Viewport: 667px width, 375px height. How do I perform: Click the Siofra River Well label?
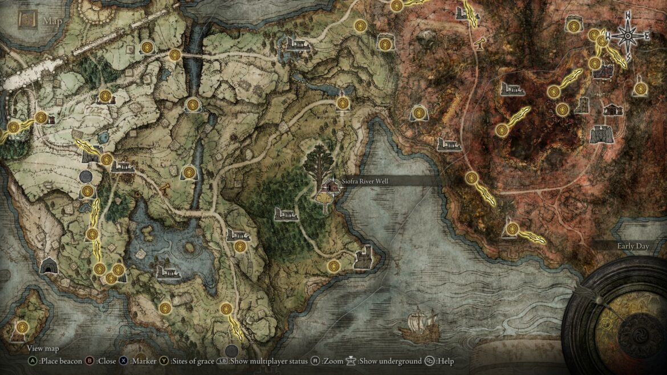click(365, 181)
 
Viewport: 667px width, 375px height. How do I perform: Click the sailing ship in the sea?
click(420, 323)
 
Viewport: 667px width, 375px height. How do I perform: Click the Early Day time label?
click(633, 246)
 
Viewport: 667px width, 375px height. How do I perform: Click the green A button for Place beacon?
click(32, 361)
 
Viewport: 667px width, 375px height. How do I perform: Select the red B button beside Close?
click(90, 361)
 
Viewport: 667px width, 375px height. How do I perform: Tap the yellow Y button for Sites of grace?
click(164, 361)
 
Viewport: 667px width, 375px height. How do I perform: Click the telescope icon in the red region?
click(482, 43)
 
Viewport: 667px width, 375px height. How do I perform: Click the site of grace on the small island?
click(22, 327)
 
